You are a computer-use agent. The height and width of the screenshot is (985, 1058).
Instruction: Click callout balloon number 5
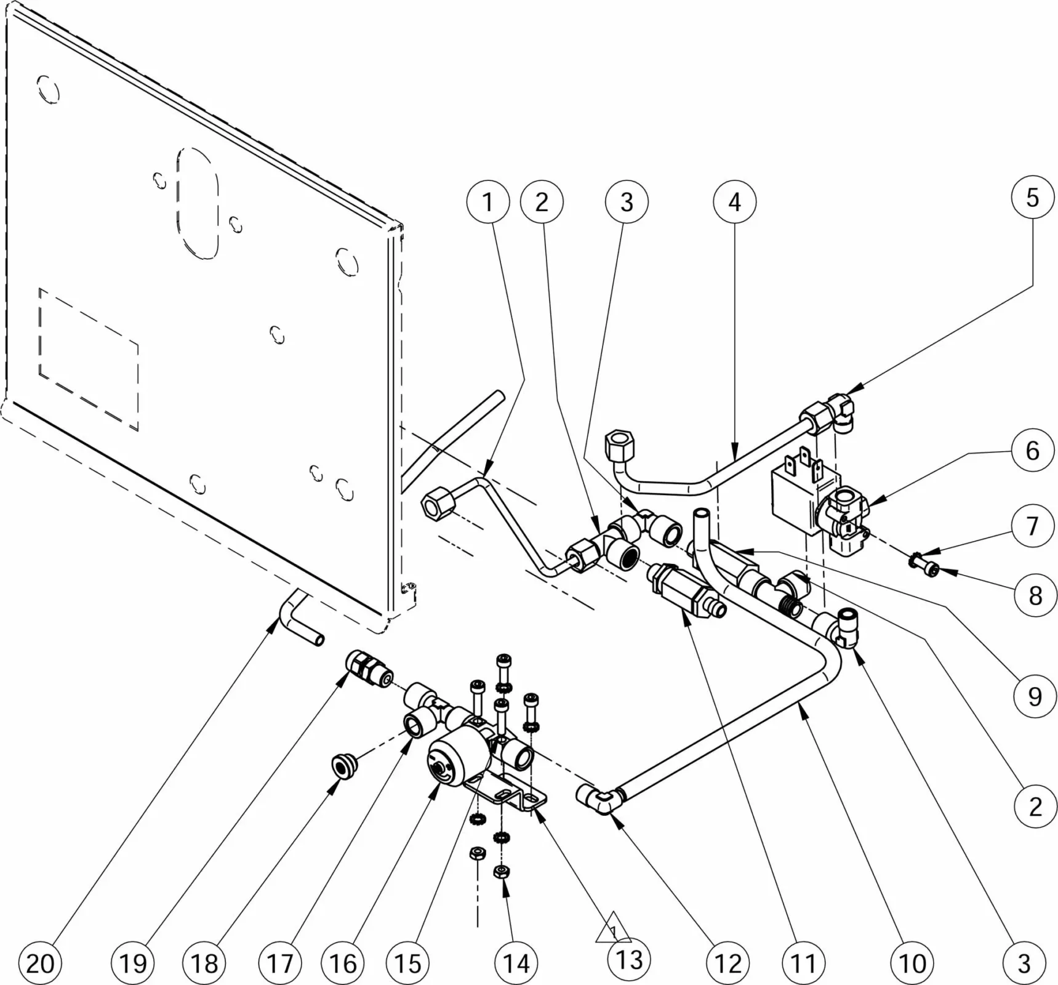[1032, 198]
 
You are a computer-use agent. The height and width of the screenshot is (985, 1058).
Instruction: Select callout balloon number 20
[40, 962]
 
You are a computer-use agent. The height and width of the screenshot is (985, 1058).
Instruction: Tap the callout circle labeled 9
[1035, 696]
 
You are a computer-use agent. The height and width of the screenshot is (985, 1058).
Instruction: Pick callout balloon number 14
[516, 962]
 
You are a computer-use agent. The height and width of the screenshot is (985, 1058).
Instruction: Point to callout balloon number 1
[487, 202]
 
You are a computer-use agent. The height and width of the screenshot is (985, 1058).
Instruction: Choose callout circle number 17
[280, 962]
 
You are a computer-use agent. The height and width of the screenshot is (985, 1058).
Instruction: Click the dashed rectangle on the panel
[88, 358]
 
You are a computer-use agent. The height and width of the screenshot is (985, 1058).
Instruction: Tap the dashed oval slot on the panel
[197, 202]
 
